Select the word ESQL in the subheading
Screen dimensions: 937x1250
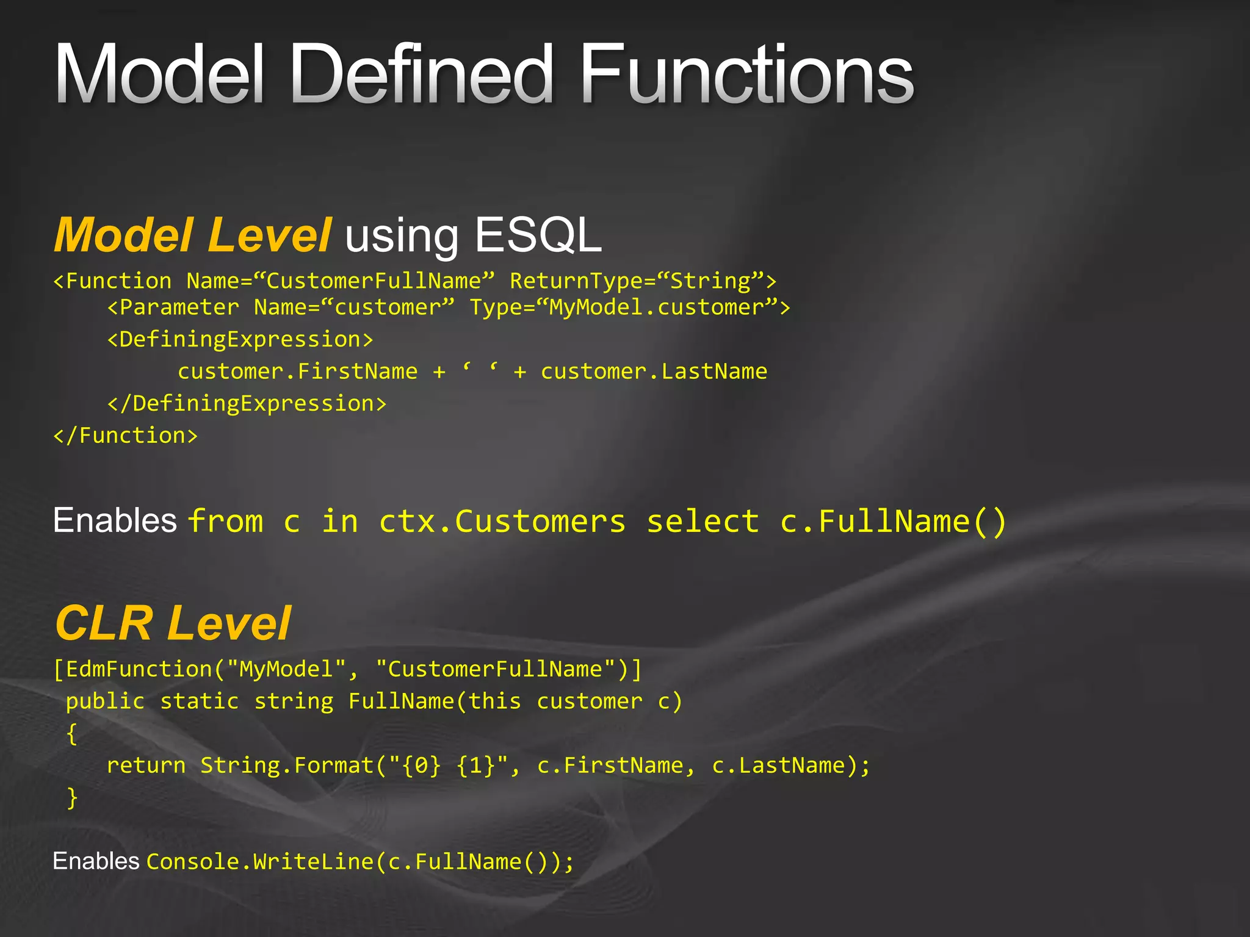[538, 235]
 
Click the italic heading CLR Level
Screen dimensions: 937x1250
[173, 623]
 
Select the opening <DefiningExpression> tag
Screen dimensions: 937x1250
[240, 340]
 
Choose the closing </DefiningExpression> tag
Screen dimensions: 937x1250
[247, 404]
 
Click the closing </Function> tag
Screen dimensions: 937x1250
[126, 436]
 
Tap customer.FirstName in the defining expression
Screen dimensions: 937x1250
[297, 372]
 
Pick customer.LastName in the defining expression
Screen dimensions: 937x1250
[654, 372]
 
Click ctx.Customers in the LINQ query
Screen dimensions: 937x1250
[502, 522]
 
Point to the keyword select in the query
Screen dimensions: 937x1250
[703, 522]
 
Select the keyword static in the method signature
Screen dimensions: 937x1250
[199, 702]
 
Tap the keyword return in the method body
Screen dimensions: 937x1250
[146, 766]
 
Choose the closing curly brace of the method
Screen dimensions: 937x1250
[72, 798]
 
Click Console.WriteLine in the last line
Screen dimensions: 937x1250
[259, 862]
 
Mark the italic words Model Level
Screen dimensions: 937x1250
[193, 235]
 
